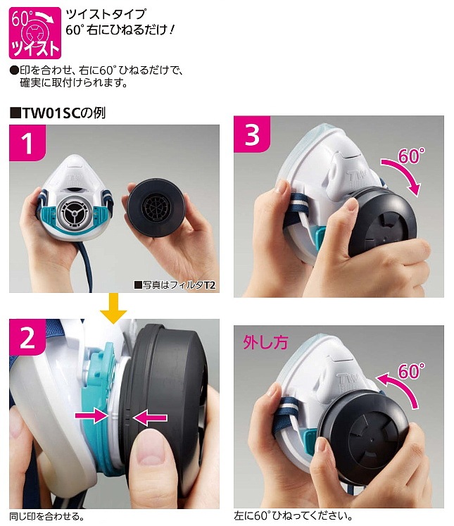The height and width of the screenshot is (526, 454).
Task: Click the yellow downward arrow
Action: [113, 307]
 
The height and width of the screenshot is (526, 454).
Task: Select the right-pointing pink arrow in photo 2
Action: [97, 417]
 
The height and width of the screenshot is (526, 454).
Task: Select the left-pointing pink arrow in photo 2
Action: [151, 419]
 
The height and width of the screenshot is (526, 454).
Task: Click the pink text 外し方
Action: [266, 344]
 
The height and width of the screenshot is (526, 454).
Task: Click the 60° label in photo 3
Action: [412, 156]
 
